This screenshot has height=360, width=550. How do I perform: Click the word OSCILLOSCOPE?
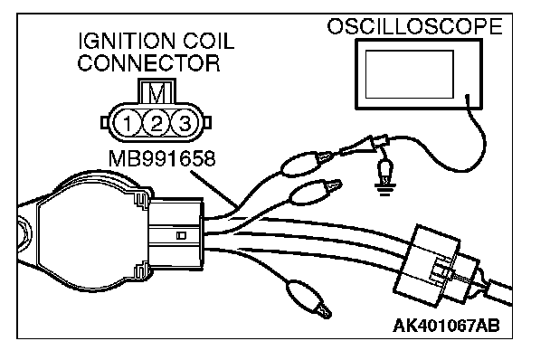tap(414, 26)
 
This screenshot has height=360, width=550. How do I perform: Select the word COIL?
tap(208, 42)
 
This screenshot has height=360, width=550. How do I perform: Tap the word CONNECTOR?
tap(148, 62)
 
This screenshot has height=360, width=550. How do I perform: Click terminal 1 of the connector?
tap(127, 124)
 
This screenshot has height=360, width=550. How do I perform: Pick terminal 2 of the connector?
tap(156, 124)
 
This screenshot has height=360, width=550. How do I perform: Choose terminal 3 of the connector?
tap(185, 124)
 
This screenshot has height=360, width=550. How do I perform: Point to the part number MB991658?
tap(162, 158)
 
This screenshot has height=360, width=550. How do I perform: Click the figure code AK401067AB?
tap(447, 326)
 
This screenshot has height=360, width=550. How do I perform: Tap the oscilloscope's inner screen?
tap(410, 74)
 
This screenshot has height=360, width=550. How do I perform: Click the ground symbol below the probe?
tap(384, 190)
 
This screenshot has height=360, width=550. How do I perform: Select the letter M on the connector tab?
tap(156, 92)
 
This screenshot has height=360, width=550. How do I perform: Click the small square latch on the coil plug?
tap(181, 235)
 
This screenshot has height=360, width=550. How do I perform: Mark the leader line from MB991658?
tap(214, 189)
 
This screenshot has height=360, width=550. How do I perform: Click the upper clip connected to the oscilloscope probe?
tap(308, 164)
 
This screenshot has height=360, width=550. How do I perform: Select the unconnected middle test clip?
tap(315, 192)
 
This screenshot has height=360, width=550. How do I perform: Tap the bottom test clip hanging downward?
tap(308, 298)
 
